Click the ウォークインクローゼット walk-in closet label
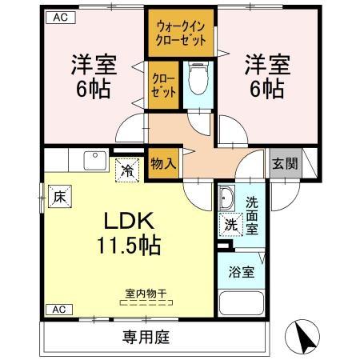pyautogui.click(x=181, y=33)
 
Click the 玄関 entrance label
pyautogui.click(x=282, y=163)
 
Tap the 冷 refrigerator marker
pyautogui.click(x=127, y=169)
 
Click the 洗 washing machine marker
pyautogui.click(x=230, y=225)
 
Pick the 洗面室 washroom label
pyautogui.click(x=252, y=214)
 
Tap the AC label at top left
pyautogui.click(x=60, y=17)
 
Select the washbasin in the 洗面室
pyautogui.click(x=227, y=199)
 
